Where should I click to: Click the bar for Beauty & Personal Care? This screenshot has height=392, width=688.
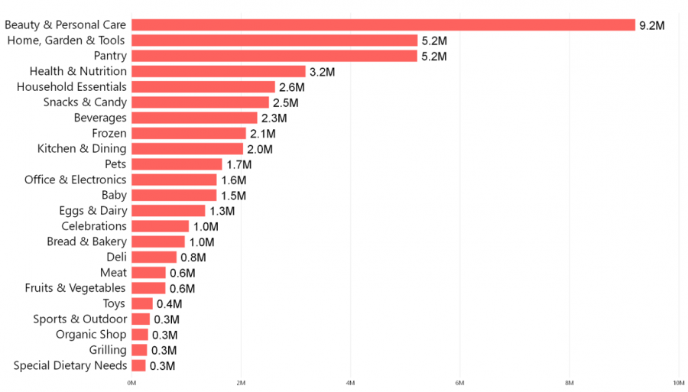(x=383, y=25)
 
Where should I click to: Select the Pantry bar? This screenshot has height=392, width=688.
(x=274, y=56)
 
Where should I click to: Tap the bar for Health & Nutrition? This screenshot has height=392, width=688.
(x=218, y=72)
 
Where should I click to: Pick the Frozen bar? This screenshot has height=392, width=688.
(x=188, y=133)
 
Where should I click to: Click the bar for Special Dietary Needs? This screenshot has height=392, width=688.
(x=138, y=365)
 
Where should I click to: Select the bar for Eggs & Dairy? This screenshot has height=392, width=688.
(x=168, y=211)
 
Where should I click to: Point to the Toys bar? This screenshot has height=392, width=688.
(x=141, y=303)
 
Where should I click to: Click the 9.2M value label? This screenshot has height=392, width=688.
(x=652, y=26)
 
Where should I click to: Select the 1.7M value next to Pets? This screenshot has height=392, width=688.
(x=239, y=164)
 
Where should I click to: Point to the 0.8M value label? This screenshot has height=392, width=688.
(x=193, y=258)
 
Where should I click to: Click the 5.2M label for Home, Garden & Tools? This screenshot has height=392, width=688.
(x=434, y=41)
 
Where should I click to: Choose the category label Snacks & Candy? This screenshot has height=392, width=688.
(x=85, y=102)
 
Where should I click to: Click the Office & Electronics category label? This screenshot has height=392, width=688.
(x=75, y=180)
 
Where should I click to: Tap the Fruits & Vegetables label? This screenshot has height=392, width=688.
(x=75, y=288)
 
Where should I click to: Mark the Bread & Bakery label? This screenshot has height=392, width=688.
(x=86, y=241)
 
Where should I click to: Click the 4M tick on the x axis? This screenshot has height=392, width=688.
(x=350, y=382)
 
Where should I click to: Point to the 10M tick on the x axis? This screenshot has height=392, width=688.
(x=678, y=382)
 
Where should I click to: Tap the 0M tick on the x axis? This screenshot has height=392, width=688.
(x=131, y=382)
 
